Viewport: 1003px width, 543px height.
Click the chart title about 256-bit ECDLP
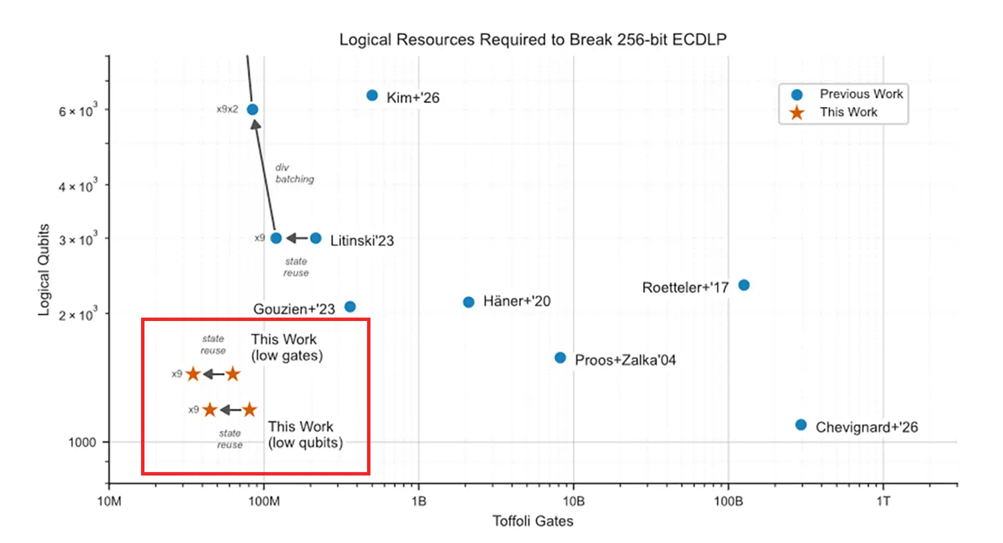tap(533, 39)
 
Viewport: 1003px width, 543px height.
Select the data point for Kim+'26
tap(372, 96)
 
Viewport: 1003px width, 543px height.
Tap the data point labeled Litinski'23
tap(316, 238)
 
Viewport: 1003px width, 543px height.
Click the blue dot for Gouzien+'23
tap(350, 307)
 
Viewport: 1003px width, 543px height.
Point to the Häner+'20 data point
tap(469, 302)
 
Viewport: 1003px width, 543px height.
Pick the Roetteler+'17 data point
tap(744, 285)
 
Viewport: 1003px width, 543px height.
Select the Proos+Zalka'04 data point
tap(560, 358)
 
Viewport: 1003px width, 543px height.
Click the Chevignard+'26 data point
tap(801, 425)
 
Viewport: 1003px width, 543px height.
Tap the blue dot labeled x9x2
tap(252, 109)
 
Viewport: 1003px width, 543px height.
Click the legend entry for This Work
tap(849, 112)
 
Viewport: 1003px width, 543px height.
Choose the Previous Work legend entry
tap(861, 94)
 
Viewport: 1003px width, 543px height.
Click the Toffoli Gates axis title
tap(533, 522)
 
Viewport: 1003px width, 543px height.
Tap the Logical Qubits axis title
tap(44, 269)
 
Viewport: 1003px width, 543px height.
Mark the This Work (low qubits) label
tap(306, 435)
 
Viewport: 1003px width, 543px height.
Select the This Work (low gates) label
tap(287, 348)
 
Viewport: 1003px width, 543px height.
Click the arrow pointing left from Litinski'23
tap(296, 238)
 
